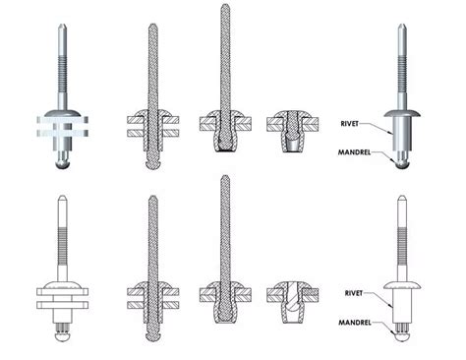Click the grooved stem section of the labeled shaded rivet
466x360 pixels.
pyautogui.click(x=403, y=83)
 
